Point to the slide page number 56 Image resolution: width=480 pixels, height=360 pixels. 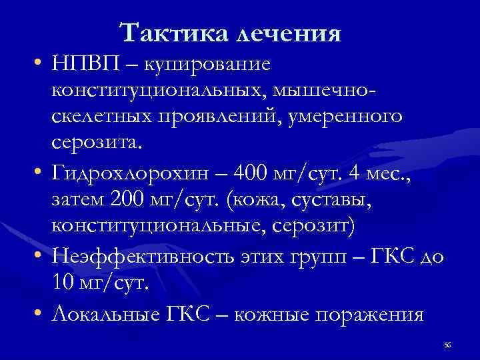point(447,343)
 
